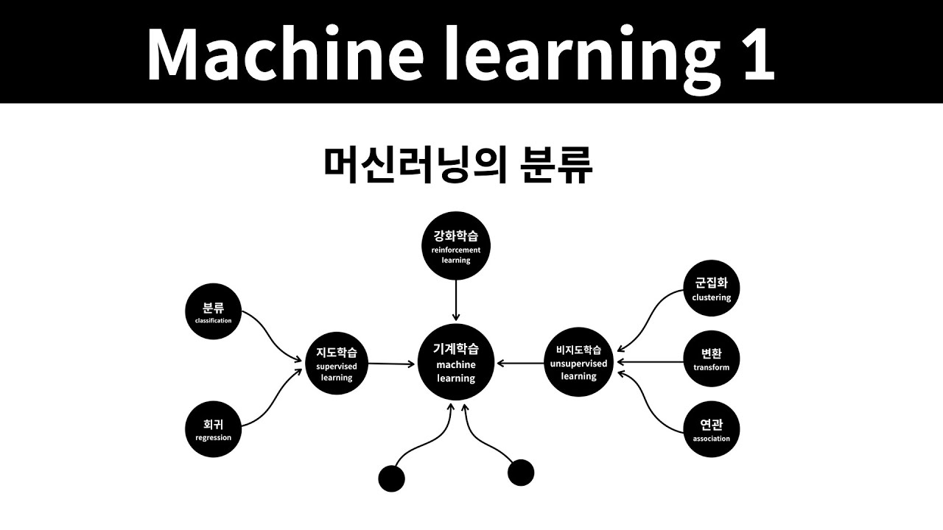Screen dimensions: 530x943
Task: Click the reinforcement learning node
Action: (456, 248)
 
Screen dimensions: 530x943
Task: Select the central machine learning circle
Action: (456, 362)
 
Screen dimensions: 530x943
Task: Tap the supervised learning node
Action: (337, 364)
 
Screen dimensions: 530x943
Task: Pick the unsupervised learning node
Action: (578, 363)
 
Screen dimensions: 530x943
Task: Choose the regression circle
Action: (213, 429)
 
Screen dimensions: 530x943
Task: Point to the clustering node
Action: (711, 289)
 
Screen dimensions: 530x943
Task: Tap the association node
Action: (711, 429)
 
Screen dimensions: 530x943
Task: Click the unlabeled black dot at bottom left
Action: (391, 478)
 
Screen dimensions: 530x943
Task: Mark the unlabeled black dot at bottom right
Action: (521, 473)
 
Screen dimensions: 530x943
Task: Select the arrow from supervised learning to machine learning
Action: (392, 364)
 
